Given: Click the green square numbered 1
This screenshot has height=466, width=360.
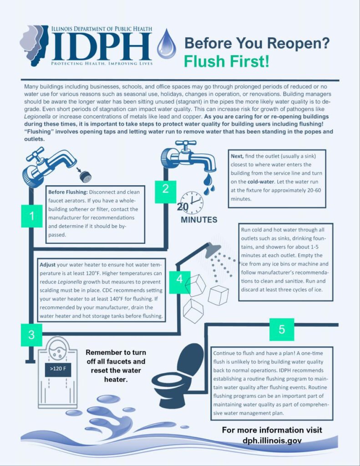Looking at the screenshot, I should tap(32, 216).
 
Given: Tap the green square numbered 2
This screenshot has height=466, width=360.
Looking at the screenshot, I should tap(165, 188).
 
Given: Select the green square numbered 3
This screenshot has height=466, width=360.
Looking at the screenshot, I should tap(31, 335).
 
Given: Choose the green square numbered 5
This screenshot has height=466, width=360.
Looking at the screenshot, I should tap(281, 329).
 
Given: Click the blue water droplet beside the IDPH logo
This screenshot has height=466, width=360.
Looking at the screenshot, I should tap(166, 44).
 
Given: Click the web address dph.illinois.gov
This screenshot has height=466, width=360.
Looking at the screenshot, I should tap(272, 441).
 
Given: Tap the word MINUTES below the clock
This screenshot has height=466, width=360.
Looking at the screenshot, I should tap(199, 220).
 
